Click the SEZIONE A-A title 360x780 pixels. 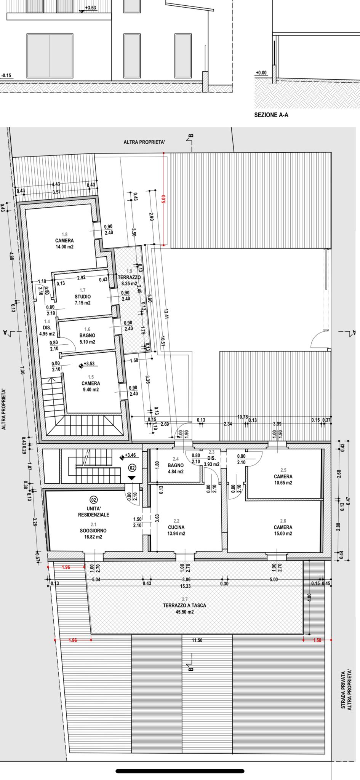pos(271,115)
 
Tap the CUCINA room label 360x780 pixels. pos(176,527)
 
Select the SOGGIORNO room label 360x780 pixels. pos(93,531)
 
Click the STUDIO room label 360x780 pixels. pos(83,297)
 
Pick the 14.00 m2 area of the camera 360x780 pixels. pos(64,247)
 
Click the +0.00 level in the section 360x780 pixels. pos(261,73)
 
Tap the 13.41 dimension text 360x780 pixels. pos(166,313)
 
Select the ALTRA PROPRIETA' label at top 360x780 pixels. pos(144,142)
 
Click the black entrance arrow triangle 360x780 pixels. pos(131,478)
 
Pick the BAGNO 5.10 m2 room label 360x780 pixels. pos(87,339)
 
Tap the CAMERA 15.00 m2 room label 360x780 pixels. pos(283,531)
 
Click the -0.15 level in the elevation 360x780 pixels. pos(6,75)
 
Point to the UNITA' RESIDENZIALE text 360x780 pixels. pos(94,511)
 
